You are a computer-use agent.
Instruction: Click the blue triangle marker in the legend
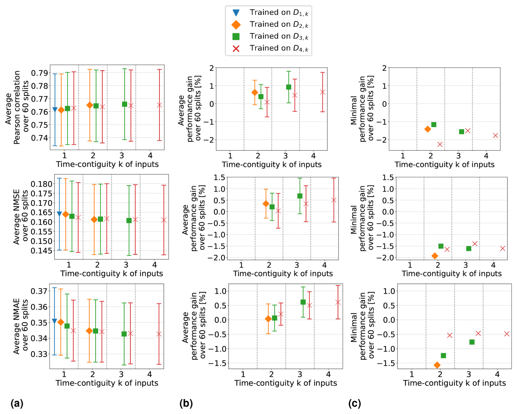pyautogui.click(x=236, y=13)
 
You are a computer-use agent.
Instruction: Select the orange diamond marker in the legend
pyautogui.click(x=236, y=25)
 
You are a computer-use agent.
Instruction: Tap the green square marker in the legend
pyautogui.click(x=236, y=36)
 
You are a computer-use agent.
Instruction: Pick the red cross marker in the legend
pyautogui.click(x=236, y=48)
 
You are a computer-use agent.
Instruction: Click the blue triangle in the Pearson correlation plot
pyautogui.click(x=55, y=110)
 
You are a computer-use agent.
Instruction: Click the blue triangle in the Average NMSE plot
pyautogui.click(x=59, y=214)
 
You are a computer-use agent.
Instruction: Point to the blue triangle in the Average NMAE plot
pyautogui.click(x=54, y=321)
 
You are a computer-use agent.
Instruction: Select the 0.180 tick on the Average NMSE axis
pyautogui.click(x=41, y=184)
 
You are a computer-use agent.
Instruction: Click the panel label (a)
pyautogui.click(x=17, y=403)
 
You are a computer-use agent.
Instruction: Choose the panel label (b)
pyautogui.click(x=186, y=403)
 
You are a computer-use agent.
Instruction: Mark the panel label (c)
pyautogui.click(x=354, y=403)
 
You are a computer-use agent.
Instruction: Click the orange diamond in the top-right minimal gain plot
pyautogui.click(x=428, y=129)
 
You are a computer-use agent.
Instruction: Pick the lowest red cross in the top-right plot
pyautogui.click(x=440, y=144)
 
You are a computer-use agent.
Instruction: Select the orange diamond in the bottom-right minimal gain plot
pyautogui.click(x=437, y=365)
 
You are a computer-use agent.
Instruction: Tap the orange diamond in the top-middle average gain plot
pyautogui.click(x=255, y=93)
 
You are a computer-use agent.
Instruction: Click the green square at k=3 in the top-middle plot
pyautogui.click(x=289, y=87)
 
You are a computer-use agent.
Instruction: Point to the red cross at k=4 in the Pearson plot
pyautogui.click(x=160, y=105)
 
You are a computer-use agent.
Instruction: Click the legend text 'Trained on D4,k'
pyautogui.click(x=279, y=48)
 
